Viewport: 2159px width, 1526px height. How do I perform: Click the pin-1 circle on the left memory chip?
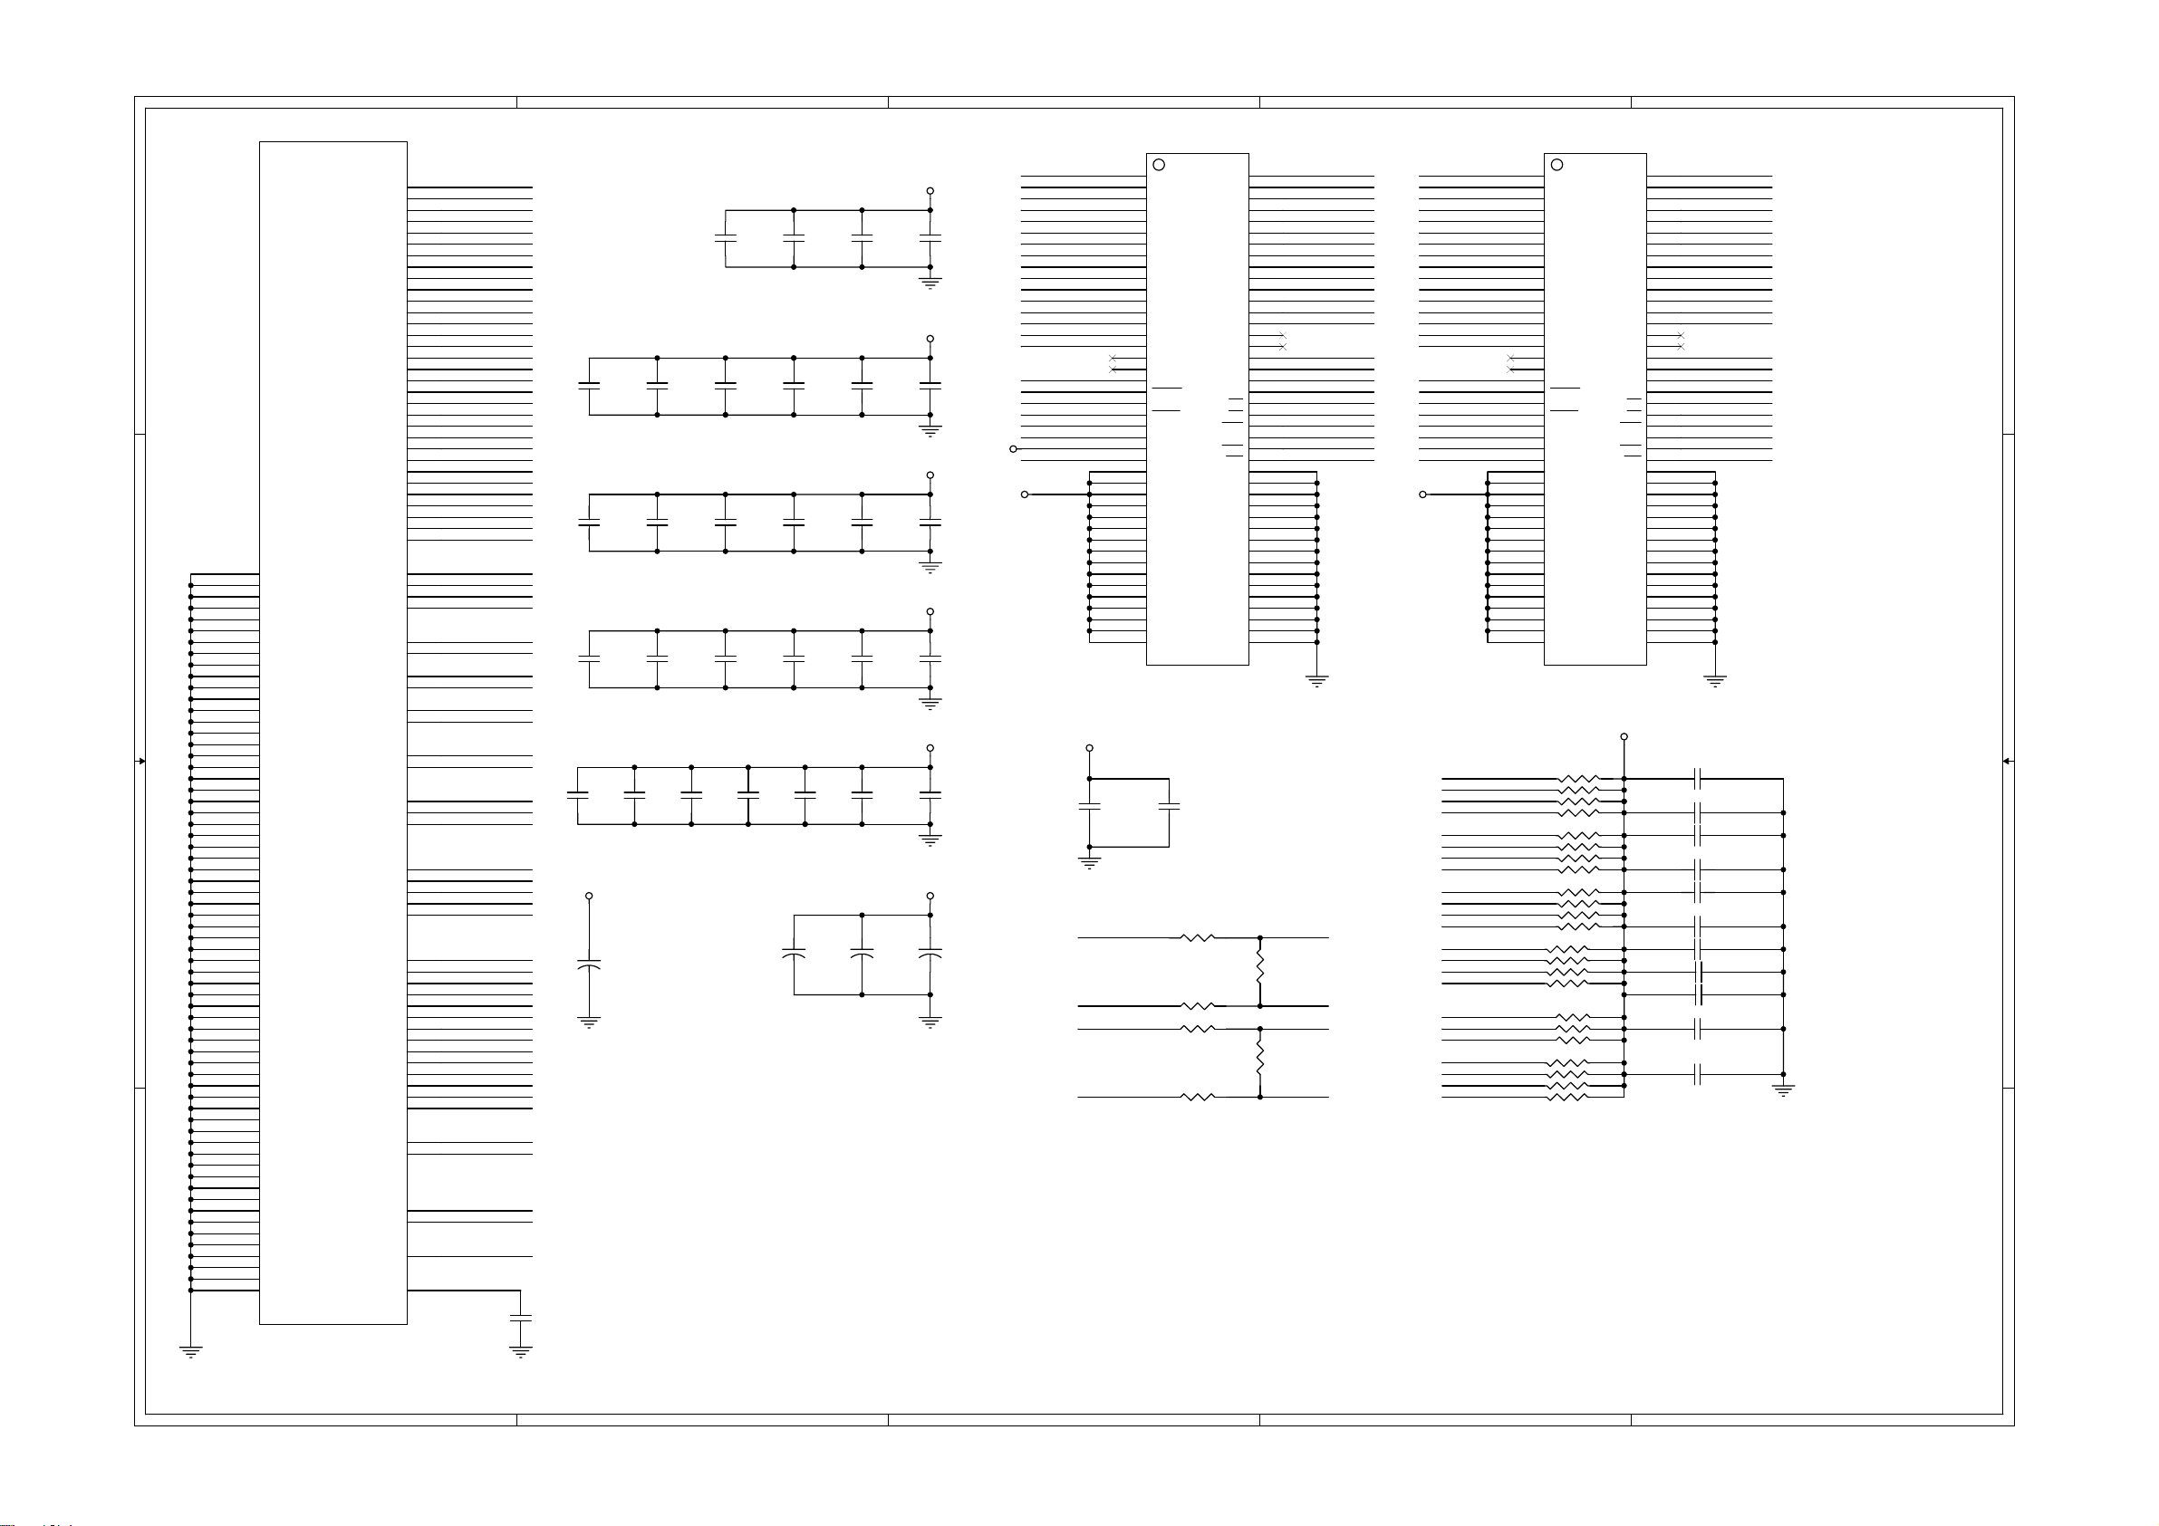[1159, 165]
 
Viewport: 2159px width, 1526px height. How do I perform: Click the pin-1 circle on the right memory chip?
[1557, 165]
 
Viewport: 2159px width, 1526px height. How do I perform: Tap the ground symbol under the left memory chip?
[1316, 681]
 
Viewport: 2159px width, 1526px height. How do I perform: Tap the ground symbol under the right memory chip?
[1715, 681]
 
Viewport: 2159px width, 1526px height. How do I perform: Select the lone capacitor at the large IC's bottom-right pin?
[520, 1319]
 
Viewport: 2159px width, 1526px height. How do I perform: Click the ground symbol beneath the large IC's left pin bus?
[190, 1352]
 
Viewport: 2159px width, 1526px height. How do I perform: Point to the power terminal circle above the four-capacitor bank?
[930, 191]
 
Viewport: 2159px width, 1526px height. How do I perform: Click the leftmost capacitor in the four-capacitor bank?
[725, 239]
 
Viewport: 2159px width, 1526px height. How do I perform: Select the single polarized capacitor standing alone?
[589, 965]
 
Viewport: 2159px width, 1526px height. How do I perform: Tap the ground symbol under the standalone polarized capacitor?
[589, 1023]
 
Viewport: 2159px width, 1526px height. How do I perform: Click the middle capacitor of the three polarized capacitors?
[862, 955]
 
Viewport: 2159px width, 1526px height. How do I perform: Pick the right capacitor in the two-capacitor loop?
[1169, 807]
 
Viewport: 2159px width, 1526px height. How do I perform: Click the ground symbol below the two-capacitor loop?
[1089, 862]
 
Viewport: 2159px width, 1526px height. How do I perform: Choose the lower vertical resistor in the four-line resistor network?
[1260, 1061]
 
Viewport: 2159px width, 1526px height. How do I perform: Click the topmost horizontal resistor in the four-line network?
[1197, 937]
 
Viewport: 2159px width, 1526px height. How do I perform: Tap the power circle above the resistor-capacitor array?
[1624, 737]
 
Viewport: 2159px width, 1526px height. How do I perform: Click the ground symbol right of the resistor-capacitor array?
[1783, 1090]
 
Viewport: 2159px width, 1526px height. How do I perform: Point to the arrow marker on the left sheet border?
[141, 761]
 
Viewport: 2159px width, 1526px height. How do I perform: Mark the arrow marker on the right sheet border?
[2007, 761]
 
